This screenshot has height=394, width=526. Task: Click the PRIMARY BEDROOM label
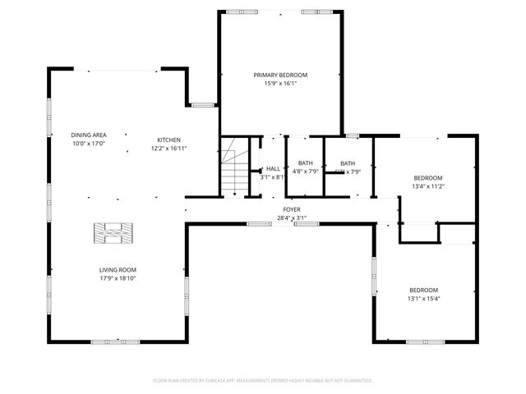pyautogui.click(x=280, y=75)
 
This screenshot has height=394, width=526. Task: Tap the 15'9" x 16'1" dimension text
pyautogui.click(x=280, y=83)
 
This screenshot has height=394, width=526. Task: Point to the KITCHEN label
pyautogui.click(x=169, y=140)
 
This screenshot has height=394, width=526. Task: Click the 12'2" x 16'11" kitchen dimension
pyautogui.click(x=169, y=149)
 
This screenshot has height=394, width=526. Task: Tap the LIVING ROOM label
pyautogui.click(x=118, y=269)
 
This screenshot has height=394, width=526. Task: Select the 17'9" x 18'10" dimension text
pyautogui.click(x=118, y=278)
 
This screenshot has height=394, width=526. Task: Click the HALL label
pyautogui.click(x=273, y=168)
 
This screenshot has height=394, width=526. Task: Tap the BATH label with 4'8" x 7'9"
pyautogui.click(x=306, y=163)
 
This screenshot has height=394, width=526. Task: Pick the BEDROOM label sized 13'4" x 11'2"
pyautogui.click(x=427, y=178)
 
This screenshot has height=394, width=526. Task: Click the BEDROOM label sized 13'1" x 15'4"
pyautogui.click(x=424, y=290)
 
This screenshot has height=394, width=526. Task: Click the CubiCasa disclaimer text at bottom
pyautogui.click(x=263, y=380)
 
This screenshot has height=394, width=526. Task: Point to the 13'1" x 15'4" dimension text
pyautogui.click(x=424, y=298)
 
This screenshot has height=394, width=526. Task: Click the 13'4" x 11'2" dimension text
pyautogui.click(x=427, y=186)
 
